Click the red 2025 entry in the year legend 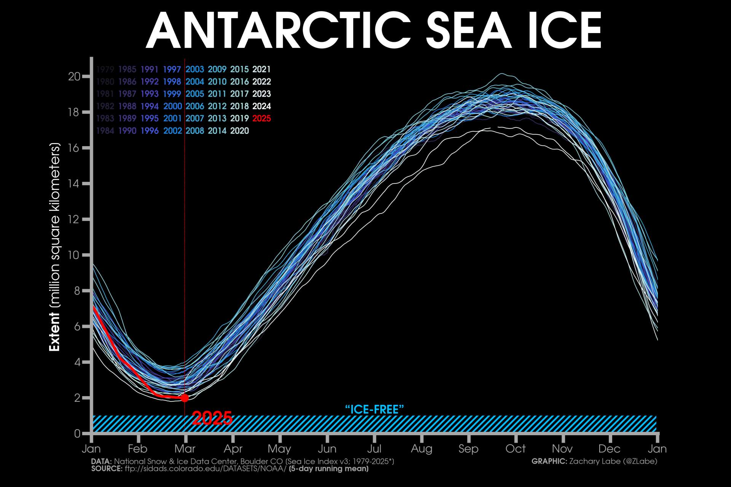click(262, 118)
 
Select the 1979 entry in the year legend click(105, 69)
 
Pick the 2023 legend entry click(262, 94)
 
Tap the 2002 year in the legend click(172, 131)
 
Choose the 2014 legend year click(217, 131)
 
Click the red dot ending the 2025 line click(185, 398)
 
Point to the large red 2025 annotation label click(212, 419)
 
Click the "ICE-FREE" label click(374, 409)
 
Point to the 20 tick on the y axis click(74, 76)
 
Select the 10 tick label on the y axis click(74, 255)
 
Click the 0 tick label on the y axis click(77, 433)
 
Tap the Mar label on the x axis click(185, 449)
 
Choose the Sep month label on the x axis click(468, 449)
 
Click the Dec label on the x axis click(609, 449)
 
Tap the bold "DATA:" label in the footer click(101, 462)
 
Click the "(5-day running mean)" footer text click(329, 469)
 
